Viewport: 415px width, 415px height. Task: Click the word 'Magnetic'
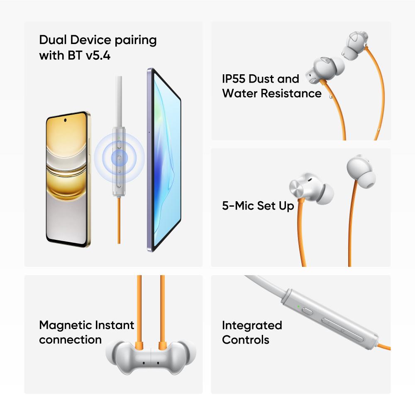click(x=65, y=326)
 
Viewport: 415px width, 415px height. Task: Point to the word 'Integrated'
click(x=252, y=326)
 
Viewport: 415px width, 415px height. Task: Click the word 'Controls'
click(x=246, y=339)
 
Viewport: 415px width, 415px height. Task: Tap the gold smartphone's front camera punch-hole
click(x=65, y=120)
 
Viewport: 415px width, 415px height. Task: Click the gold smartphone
click(x=68, y=179)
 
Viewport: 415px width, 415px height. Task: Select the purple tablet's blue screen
click(x=166, y=159)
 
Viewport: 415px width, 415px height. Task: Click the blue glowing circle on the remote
click(x=119, y=158)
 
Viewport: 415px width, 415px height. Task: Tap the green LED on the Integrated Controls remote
click(x=298, y=307)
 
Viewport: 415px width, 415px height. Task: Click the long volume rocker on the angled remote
click(x=342, y=330)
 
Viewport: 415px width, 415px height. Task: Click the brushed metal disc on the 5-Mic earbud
click(x=298, y=187)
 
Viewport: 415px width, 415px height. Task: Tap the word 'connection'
click(x=71, y=340)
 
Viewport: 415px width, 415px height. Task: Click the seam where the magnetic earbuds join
click(x=151, y=359)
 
